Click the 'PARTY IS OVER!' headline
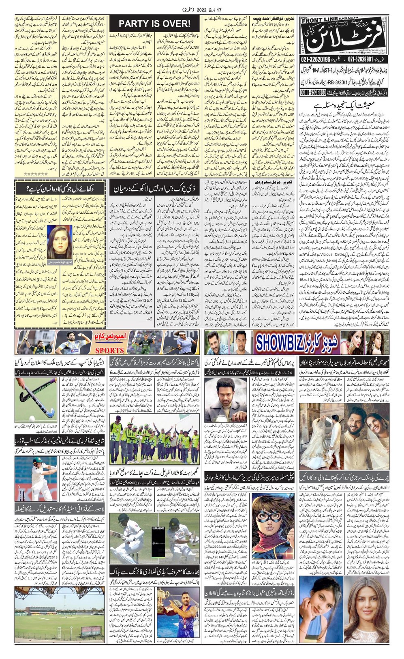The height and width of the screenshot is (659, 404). (x=154, y=24)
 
